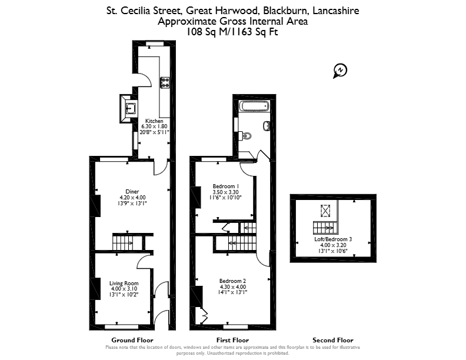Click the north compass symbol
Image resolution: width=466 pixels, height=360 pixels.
coord(340,71)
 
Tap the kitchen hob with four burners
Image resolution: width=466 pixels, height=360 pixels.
coord(165,82)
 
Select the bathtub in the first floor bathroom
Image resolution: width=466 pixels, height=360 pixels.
coord(254,106)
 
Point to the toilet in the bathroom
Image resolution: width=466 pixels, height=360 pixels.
coord(245,136)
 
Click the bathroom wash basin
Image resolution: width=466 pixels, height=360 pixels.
coord(267,126)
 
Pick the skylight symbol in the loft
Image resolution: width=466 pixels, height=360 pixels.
coord(325,211)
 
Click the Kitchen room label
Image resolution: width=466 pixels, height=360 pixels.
coord(154,121)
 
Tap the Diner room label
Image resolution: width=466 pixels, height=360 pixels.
coord(132,192)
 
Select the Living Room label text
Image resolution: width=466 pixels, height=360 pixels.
coord(124,283)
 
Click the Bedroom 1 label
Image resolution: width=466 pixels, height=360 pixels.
coord(224,186)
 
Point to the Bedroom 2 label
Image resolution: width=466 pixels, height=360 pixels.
coord(232,281)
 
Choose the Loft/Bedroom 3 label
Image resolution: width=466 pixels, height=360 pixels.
coord(333,239)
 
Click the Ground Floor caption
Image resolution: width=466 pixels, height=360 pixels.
coord(132,340)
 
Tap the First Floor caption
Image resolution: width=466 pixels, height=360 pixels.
coord(232,340)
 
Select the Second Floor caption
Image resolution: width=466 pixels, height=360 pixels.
coord(333,340)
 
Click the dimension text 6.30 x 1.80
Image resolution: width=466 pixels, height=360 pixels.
coord(154,126)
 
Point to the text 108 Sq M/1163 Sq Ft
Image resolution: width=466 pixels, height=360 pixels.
coord(232,32)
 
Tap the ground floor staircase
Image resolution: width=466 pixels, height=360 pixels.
coord(128,242)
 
